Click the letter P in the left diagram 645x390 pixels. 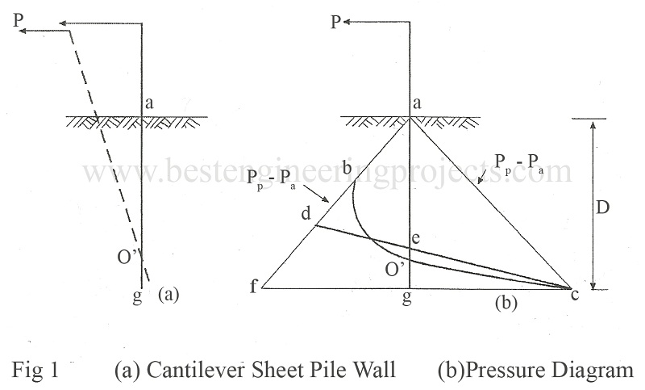click(16, 19)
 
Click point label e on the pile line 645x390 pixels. click(416, 240)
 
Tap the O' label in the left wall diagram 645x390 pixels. click(127, 259)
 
